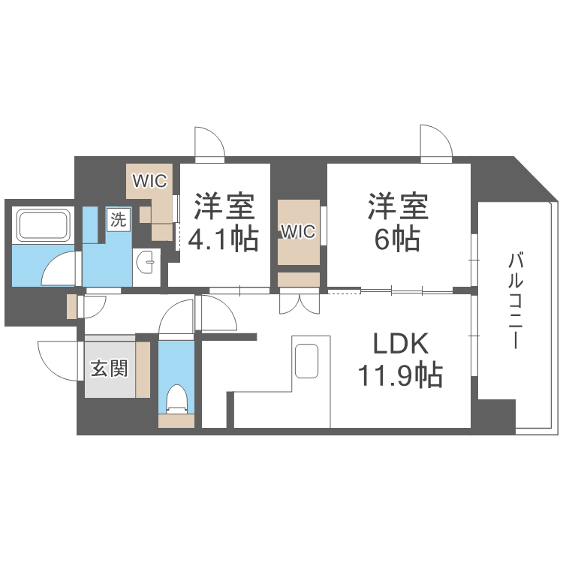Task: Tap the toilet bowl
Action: (176, 399)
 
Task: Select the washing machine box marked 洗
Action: (119, 219)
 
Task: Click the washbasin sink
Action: (146, 262)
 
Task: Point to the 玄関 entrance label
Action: (109, 369)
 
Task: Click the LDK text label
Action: (401, 344)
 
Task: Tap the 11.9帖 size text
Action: (400, 375)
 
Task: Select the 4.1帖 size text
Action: (224, 239)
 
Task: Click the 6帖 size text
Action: (397, 239)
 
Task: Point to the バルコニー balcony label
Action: (515, 300)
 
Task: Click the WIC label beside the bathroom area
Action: (149, 181)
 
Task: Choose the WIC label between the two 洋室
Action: (298, 232)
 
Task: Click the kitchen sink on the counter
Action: (306, 361)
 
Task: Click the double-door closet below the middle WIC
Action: (300, 301)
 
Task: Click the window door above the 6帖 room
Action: (436, 142)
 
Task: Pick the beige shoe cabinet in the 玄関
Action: (143, 369)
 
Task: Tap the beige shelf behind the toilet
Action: (176, 421)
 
